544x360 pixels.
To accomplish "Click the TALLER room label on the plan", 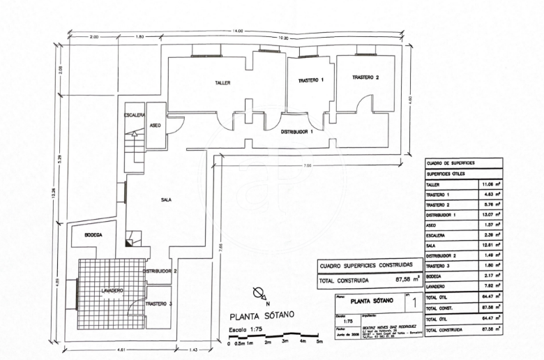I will (x=222, y=82).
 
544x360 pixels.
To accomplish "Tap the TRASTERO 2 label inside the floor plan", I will (x=365, y=77).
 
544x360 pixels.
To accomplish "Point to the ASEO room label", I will (x=156, y=126).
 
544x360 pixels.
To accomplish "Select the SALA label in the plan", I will (x=166, y=200).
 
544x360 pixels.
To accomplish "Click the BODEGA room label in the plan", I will (x=93, y=235).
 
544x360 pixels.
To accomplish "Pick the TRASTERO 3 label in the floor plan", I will (x=160, y=304).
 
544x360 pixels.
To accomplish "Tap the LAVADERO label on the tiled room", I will (x=112, y=290).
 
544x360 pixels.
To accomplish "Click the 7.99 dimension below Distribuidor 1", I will (x=307, y=165).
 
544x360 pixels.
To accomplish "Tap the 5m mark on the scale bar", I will (x=319, y=342).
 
